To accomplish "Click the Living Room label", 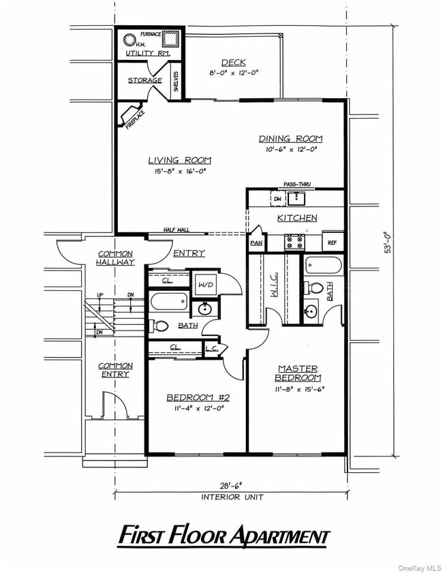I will coord(180,160).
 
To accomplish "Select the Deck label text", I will coord(233,63).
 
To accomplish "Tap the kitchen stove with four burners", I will coord(294,242).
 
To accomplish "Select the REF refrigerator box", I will coord(332,243).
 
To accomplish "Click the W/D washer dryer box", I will coord(206,283).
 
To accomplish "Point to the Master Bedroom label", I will coord(297,373).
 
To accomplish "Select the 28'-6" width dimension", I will coord(229,486).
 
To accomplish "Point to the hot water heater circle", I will coord(129,39).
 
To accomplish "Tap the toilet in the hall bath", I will coord(160,326).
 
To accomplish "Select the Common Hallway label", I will coord(115,258).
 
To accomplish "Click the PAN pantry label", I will coord(256,243).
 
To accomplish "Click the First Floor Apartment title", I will coord(224,536).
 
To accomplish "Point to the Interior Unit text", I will coord(229,497).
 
